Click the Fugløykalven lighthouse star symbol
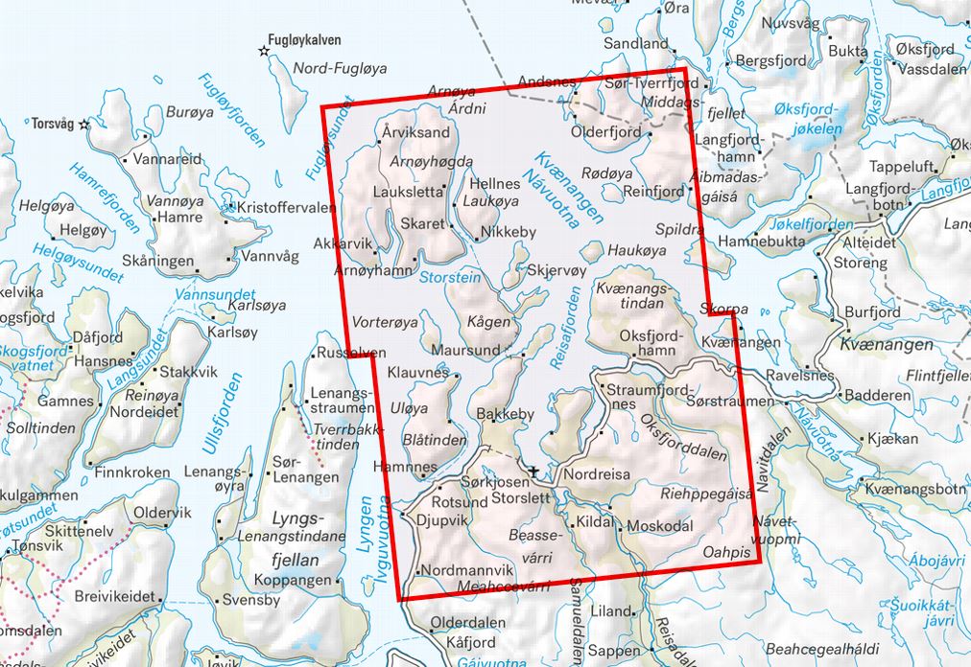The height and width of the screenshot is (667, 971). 263,50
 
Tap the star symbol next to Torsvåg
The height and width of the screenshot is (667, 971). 83,124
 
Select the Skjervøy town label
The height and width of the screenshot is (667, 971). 551,271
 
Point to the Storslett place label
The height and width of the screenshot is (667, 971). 522,498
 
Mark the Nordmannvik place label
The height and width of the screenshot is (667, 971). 469,571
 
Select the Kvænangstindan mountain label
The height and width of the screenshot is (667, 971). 629,295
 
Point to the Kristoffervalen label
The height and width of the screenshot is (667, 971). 286,208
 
